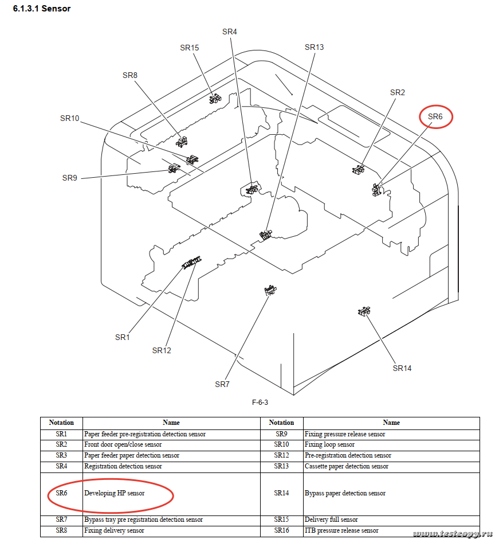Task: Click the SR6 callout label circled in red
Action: point(435,116)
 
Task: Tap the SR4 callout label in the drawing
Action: point(229,32)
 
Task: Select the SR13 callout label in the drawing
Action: point(314,47)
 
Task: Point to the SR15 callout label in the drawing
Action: point(189,48)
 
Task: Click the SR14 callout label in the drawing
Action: point(402,368)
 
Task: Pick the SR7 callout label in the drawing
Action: point(222,384)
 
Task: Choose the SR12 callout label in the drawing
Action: point(162,350)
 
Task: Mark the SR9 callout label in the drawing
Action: point(69,178)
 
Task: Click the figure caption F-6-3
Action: point(260,402)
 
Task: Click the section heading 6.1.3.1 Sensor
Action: point(42,9)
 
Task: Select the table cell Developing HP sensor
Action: point(115,493)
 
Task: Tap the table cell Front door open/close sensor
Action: point(123,444)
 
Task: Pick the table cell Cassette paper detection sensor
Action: point(346,466)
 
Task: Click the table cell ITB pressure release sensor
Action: point(341,530)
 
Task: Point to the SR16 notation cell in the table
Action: point(281,530)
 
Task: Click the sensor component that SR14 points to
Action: point(363,311)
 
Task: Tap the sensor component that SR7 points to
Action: point(270,291)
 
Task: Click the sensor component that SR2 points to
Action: point(359,169)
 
